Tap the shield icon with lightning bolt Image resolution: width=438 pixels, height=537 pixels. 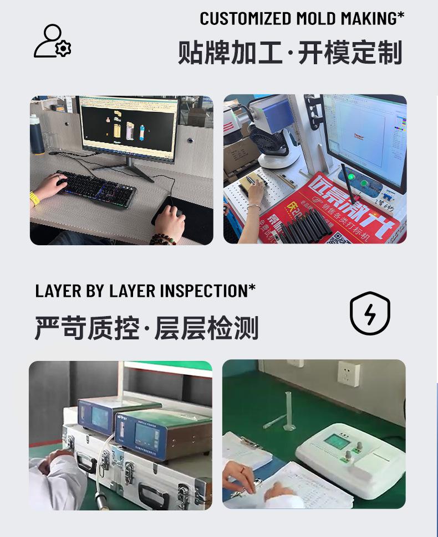pos(370,313)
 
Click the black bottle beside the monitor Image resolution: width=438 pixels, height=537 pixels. pos(37,135)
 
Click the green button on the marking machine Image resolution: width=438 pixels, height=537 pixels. pos(364,183)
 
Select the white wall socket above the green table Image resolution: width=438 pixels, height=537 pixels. pos(349,374)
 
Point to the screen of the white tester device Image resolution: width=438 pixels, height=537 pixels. pos(337,442)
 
